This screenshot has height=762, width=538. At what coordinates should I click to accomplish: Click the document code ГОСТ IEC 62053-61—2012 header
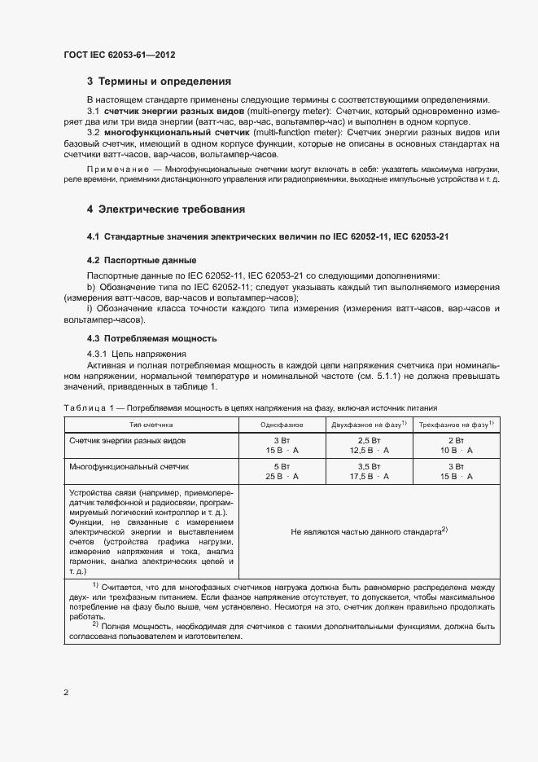[119, 55]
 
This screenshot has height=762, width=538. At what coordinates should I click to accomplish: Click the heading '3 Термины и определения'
[159, 81]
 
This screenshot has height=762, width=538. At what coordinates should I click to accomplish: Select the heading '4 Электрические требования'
[166, 209]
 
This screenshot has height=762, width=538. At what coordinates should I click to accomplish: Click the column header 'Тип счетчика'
[151, 425]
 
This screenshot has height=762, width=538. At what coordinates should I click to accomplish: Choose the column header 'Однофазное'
[282, 425]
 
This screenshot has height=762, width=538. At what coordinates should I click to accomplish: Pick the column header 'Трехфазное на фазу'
[456, 425]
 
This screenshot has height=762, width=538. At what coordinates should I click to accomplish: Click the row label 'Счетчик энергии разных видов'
[128, 441]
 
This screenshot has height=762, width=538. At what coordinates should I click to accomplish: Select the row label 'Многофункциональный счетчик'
[129, 468]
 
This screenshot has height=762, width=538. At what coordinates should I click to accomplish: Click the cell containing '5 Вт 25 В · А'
[282, 472]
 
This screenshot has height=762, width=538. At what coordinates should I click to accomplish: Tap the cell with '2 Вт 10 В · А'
[456, 445]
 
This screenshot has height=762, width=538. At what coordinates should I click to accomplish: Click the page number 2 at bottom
[65, 692]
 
